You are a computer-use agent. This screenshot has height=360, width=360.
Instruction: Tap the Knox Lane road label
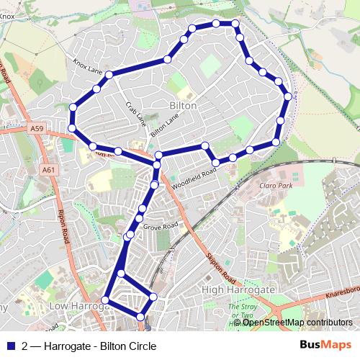coord(88,67)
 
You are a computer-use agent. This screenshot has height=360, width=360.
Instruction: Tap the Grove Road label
coord(160,226)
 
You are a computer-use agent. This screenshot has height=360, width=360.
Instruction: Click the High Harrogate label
coord(238,289)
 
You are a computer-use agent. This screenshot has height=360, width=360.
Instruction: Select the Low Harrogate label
coord(78,306)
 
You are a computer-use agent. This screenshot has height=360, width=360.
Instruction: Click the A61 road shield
coord(48,170)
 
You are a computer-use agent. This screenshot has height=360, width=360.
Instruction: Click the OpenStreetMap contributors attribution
coord(297,323)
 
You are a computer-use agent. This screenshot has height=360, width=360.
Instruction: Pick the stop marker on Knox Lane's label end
coord(109,75)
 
